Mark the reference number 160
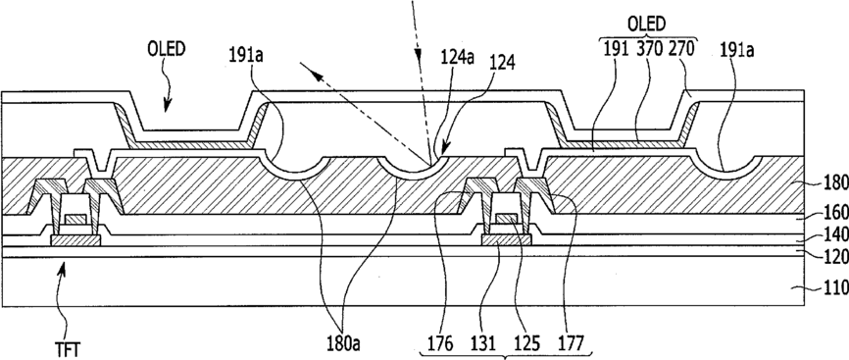(836, 219)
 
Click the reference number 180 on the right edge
(836, 183)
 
